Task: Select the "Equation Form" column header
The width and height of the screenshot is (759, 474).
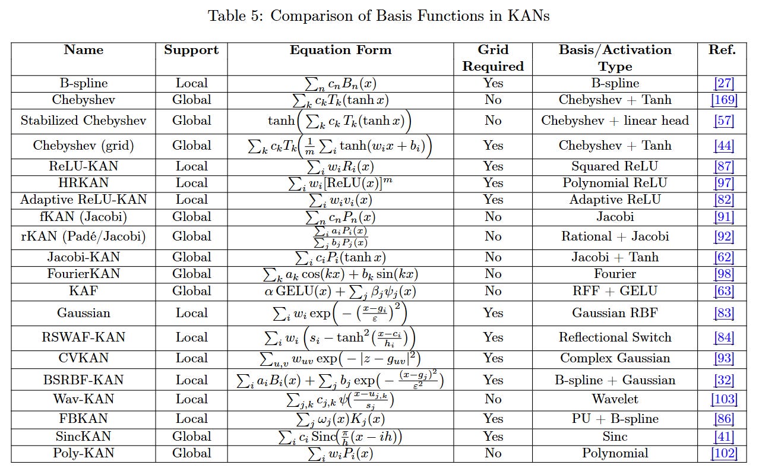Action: [340, 50]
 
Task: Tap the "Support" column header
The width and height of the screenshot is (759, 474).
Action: [191, 50]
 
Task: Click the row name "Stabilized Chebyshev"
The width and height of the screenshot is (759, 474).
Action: [83, 121]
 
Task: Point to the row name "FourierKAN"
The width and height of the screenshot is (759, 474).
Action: [83, 274]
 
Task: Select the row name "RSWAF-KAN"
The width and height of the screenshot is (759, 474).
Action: [83, 337]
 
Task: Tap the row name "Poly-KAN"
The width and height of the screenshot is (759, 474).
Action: [83, 453]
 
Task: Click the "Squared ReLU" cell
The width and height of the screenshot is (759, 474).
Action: [615, 166]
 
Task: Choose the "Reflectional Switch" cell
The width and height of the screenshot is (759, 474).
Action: [615, 337]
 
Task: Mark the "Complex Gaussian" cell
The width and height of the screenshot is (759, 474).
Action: [615, 358]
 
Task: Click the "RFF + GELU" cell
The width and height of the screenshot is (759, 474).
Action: [615, 290]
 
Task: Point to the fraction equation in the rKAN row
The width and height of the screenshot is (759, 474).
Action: [340, 236]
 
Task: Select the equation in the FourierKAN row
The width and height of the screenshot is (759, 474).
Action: [340, 274]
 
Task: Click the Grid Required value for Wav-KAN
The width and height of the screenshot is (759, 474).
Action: [492, 399]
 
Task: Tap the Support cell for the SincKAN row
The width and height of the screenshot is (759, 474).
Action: [191, 437]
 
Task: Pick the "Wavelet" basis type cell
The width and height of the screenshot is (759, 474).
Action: [615, 399]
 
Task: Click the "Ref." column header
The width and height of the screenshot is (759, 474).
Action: [722, 50]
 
